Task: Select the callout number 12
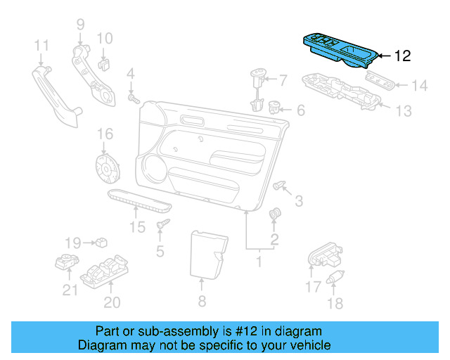pos(402,56)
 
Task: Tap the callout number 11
pos(41,46)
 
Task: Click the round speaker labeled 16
pos(108,169)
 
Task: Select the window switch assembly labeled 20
pos(106,270)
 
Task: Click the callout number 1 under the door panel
pos(258,262)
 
